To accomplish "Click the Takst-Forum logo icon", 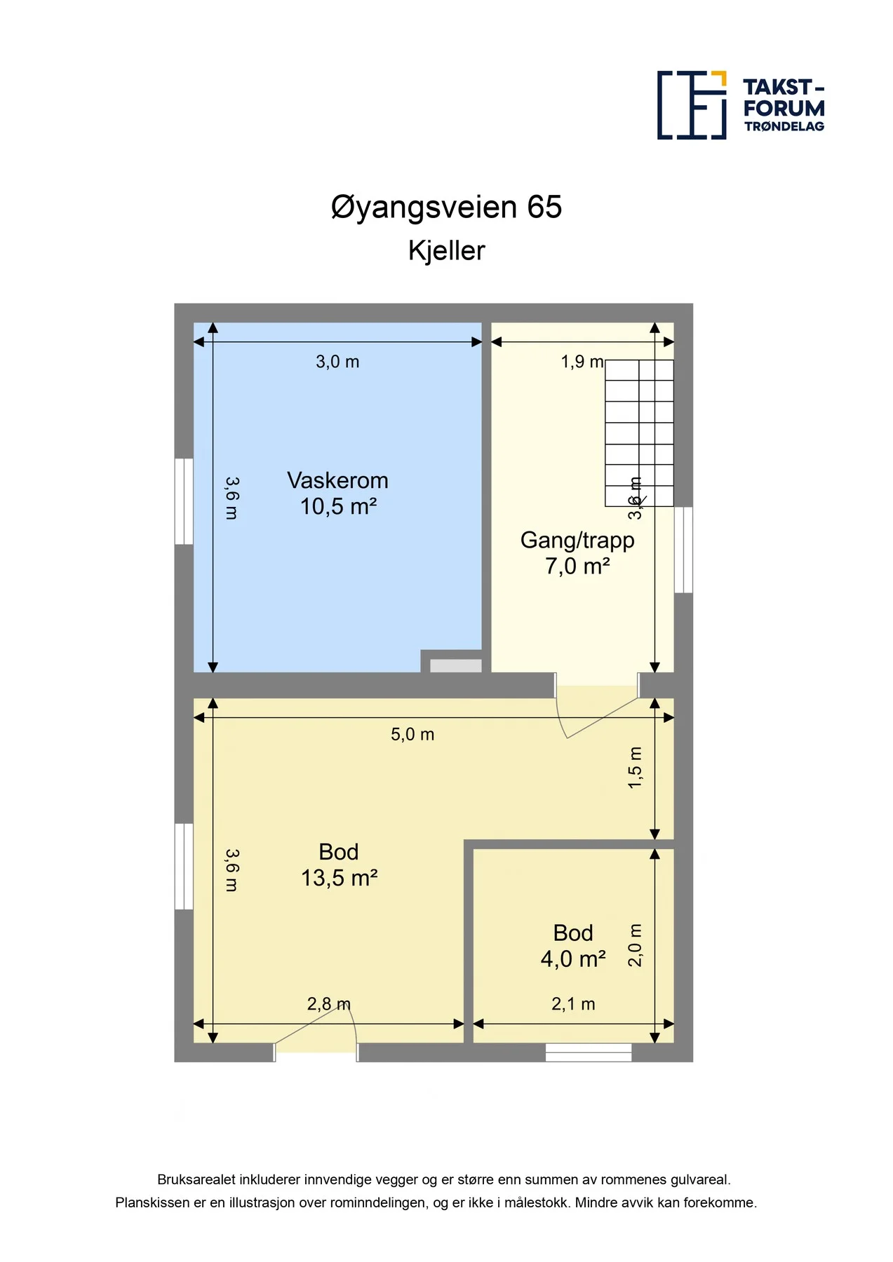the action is pos(692,105).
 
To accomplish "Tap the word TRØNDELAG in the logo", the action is pos(784,127).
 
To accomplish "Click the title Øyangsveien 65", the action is pos(446,208).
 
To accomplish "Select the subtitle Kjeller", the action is pos(446,251).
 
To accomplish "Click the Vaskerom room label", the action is pos(337,480).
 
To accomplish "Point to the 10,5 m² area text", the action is pos(339,506).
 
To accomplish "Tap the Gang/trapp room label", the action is pos(577,541).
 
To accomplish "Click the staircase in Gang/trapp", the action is pos(639,433).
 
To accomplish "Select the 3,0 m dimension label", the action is pos(337,362).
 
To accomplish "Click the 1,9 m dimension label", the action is pos(582,362).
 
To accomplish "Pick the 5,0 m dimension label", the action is pos(412,735).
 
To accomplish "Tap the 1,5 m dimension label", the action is pos(635,768).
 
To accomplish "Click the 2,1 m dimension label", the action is pos(573,1005).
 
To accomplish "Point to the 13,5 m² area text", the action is pos(340,878).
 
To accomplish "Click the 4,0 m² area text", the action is pos(573,959).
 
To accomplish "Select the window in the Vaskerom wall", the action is pos(184,501).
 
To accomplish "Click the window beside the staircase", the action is pos(683,550).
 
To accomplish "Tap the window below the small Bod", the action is pos(589,1052).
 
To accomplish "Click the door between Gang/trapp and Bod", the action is pos(597,705).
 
